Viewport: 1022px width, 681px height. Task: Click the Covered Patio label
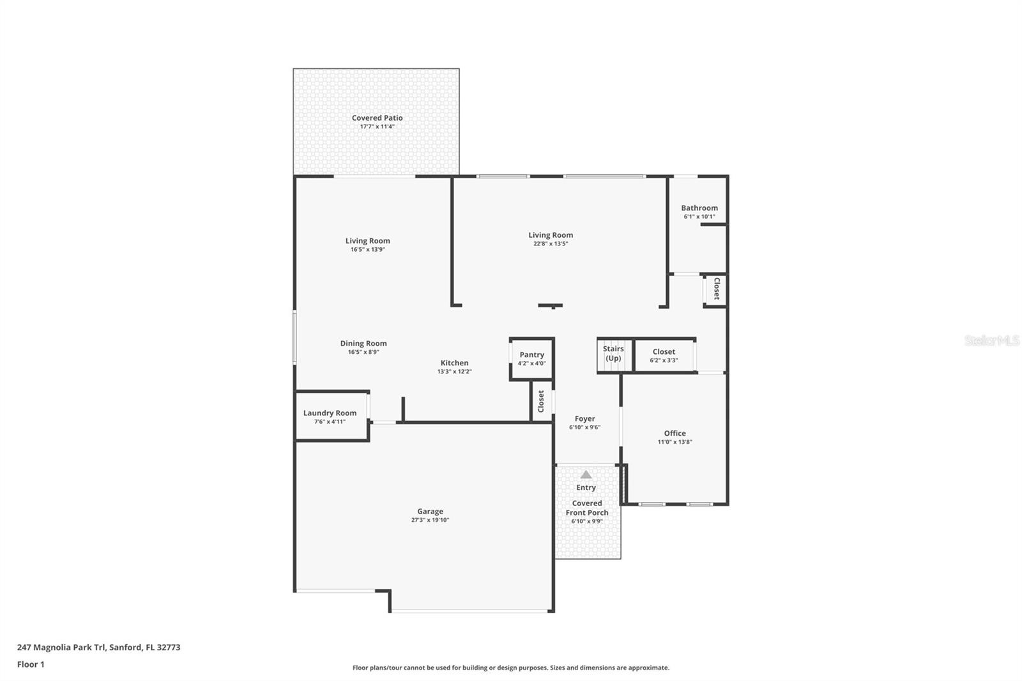coord(377,118)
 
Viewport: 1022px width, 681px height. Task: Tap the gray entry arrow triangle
coord(586,475)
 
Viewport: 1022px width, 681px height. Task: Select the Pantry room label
coord(531,355)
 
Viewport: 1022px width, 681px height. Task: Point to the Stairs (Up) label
coord(613,353)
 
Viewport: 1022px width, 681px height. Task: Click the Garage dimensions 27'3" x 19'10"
coord(430,520)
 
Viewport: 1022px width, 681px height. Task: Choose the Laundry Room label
coord(330,413)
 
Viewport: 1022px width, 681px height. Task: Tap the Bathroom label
coord(699,208)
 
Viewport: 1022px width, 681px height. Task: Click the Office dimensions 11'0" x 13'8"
coord(675,442)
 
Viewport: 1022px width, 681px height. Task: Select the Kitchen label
coord(454,363)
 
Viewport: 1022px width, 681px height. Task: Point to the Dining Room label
coord(363,344)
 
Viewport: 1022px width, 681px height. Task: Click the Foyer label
coord(584,419)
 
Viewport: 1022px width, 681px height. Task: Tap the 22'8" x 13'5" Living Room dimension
coord(551,244)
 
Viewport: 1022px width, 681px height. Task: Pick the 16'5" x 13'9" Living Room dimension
coord(368,250)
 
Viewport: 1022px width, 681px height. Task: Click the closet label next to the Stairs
coord(664,352)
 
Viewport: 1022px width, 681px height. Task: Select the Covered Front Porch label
coord(587,508)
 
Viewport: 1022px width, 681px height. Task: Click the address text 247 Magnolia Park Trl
coord(61,647)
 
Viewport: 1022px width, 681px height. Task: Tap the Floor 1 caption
coord(31,664)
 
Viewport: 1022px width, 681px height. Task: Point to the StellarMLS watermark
coord(991,340)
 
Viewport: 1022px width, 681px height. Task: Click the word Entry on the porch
coord(586,487)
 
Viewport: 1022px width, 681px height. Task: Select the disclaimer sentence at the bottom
coord(510,668)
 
